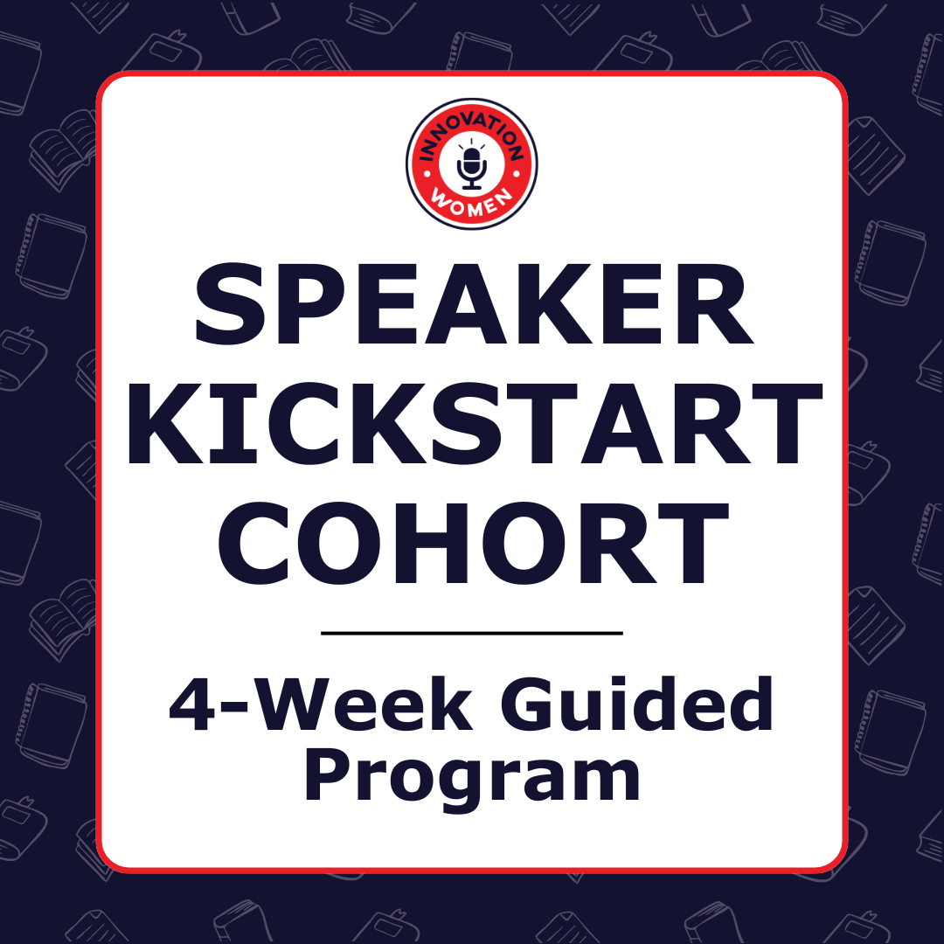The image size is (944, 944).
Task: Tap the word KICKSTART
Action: coord(475,423)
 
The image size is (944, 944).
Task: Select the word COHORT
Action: coord(473,544)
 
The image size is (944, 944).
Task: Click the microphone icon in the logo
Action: coord(471,167)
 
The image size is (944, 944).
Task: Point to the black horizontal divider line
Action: coord(472,634)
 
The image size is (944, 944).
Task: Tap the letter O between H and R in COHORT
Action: coord(523,544)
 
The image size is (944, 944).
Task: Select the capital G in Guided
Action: coord(542,704)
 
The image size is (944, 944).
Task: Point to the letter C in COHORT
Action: coord(256,544)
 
